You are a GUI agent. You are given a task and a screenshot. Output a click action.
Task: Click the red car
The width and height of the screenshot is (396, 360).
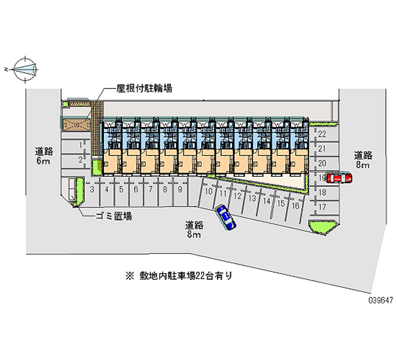point(339,178)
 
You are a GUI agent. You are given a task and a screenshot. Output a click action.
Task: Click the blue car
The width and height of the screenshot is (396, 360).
point(226,216)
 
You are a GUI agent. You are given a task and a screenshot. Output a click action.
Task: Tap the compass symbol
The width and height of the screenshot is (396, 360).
point(25,69)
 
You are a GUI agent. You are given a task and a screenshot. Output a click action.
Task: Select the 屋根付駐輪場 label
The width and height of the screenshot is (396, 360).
point(144,89)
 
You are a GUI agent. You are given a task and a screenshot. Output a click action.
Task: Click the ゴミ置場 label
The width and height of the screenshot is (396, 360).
point(114,216)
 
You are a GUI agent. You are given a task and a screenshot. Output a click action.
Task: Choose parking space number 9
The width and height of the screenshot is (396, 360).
point(180,189)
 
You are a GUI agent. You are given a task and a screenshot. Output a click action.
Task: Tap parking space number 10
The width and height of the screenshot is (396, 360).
point(209,191)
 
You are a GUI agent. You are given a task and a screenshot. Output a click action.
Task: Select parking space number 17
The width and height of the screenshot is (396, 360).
point(322,206)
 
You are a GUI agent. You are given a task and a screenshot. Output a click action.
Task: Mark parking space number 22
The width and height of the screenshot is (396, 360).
point(322,134)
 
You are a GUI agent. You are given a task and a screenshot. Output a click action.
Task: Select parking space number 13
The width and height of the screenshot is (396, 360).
point(252,199)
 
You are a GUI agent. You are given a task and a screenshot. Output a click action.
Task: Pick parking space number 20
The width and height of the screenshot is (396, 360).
point(322,163)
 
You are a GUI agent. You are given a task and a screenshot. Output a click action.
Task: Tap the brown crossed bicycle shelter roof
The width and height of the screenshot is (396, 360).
point(76,124)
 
